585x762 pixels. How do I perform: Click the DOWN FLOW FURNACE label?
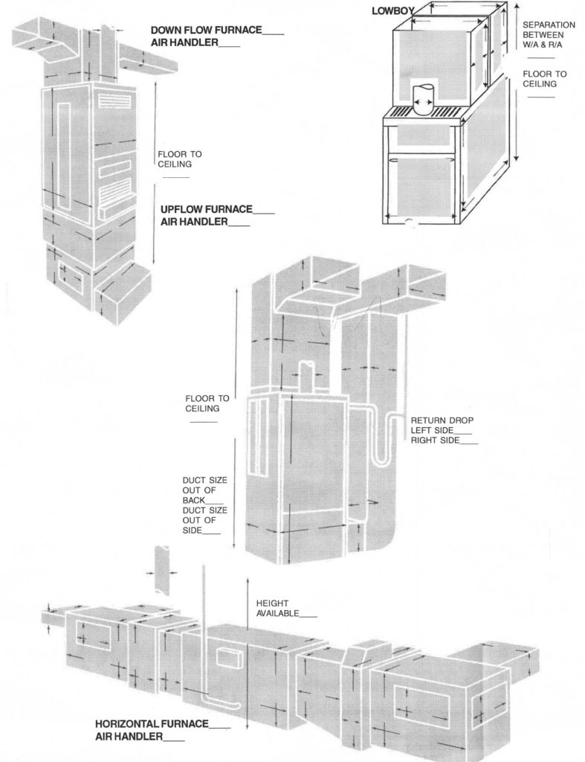(205, 31)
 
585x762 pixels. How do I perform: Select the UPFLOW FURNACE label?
(207, 209)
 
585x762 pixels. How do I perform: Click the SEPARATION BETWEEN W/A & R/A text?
(549, 34)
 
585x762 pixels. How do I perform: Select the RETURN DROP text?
(442, 420)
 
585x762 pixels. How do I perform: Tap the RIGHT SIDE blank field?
(468, 442)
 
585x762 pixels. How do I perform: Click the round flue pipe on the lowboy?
(423, 98)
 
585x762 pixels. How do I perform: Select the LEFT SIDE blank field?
(462, 431)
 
